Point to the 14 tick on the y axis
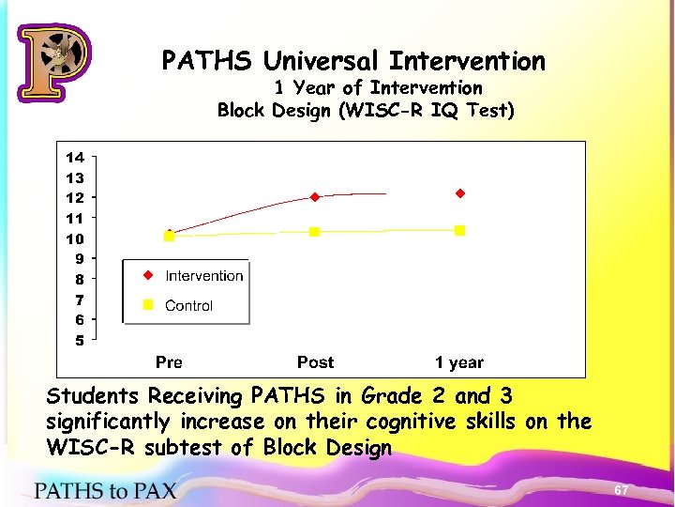(75, 158)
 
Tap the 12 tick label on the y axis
(75, 198)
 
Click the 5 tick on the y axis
(80, 341)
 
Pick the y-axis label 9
(80, 259)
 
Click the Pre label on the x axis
(169, 362)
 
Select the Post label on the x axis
(315, 362)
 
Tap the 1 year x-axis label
(458, 362)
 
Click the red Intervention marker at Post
(315, 197)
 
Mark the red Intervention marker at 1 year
(460, 193)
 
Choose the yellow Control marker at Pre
(169, 236)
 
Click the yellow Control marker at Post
(315, 231)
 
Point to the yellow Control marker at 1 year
(460, 230)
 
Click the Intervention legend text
(203, 276)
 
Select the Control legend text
(188, 306)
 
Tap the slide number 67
(621, 491)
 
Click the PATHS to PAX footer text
(105, 489)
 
